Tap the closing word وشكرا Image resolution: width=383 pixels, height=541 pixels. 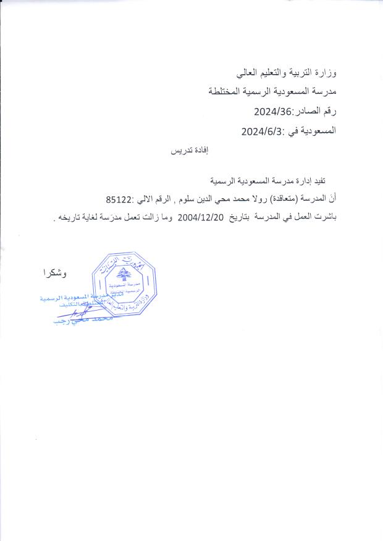click(x=55, y=272)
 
